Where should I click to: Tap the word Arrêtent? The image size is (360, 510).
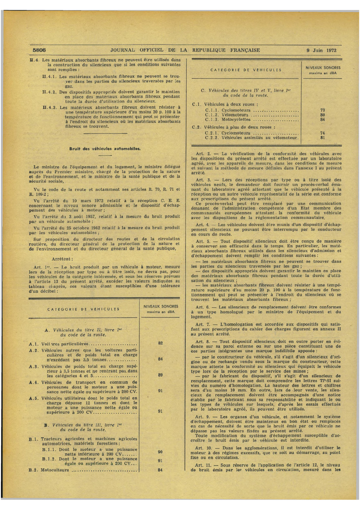tap(73, 259)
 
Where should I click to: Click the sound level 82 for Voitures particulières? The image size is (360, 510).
tap(160, 343)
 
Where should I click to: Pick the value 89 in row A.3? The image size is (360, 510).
tap(160, 375)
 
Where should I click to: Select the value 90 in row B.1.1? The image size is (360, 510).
tap(160, 451)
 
